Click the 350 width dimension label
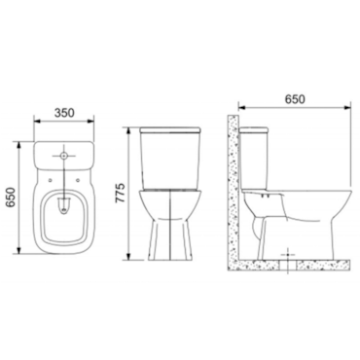point(64,113)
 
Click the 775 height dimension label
point(121,193)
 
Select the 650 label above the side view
point(295,99)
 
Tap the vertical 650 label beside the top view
point(11,197)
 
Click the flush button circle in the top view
point(64,156)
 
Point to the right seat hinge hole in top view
point(80,180)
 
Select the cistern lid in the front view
point(170,130)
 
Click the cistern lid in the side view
point(254,130)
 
